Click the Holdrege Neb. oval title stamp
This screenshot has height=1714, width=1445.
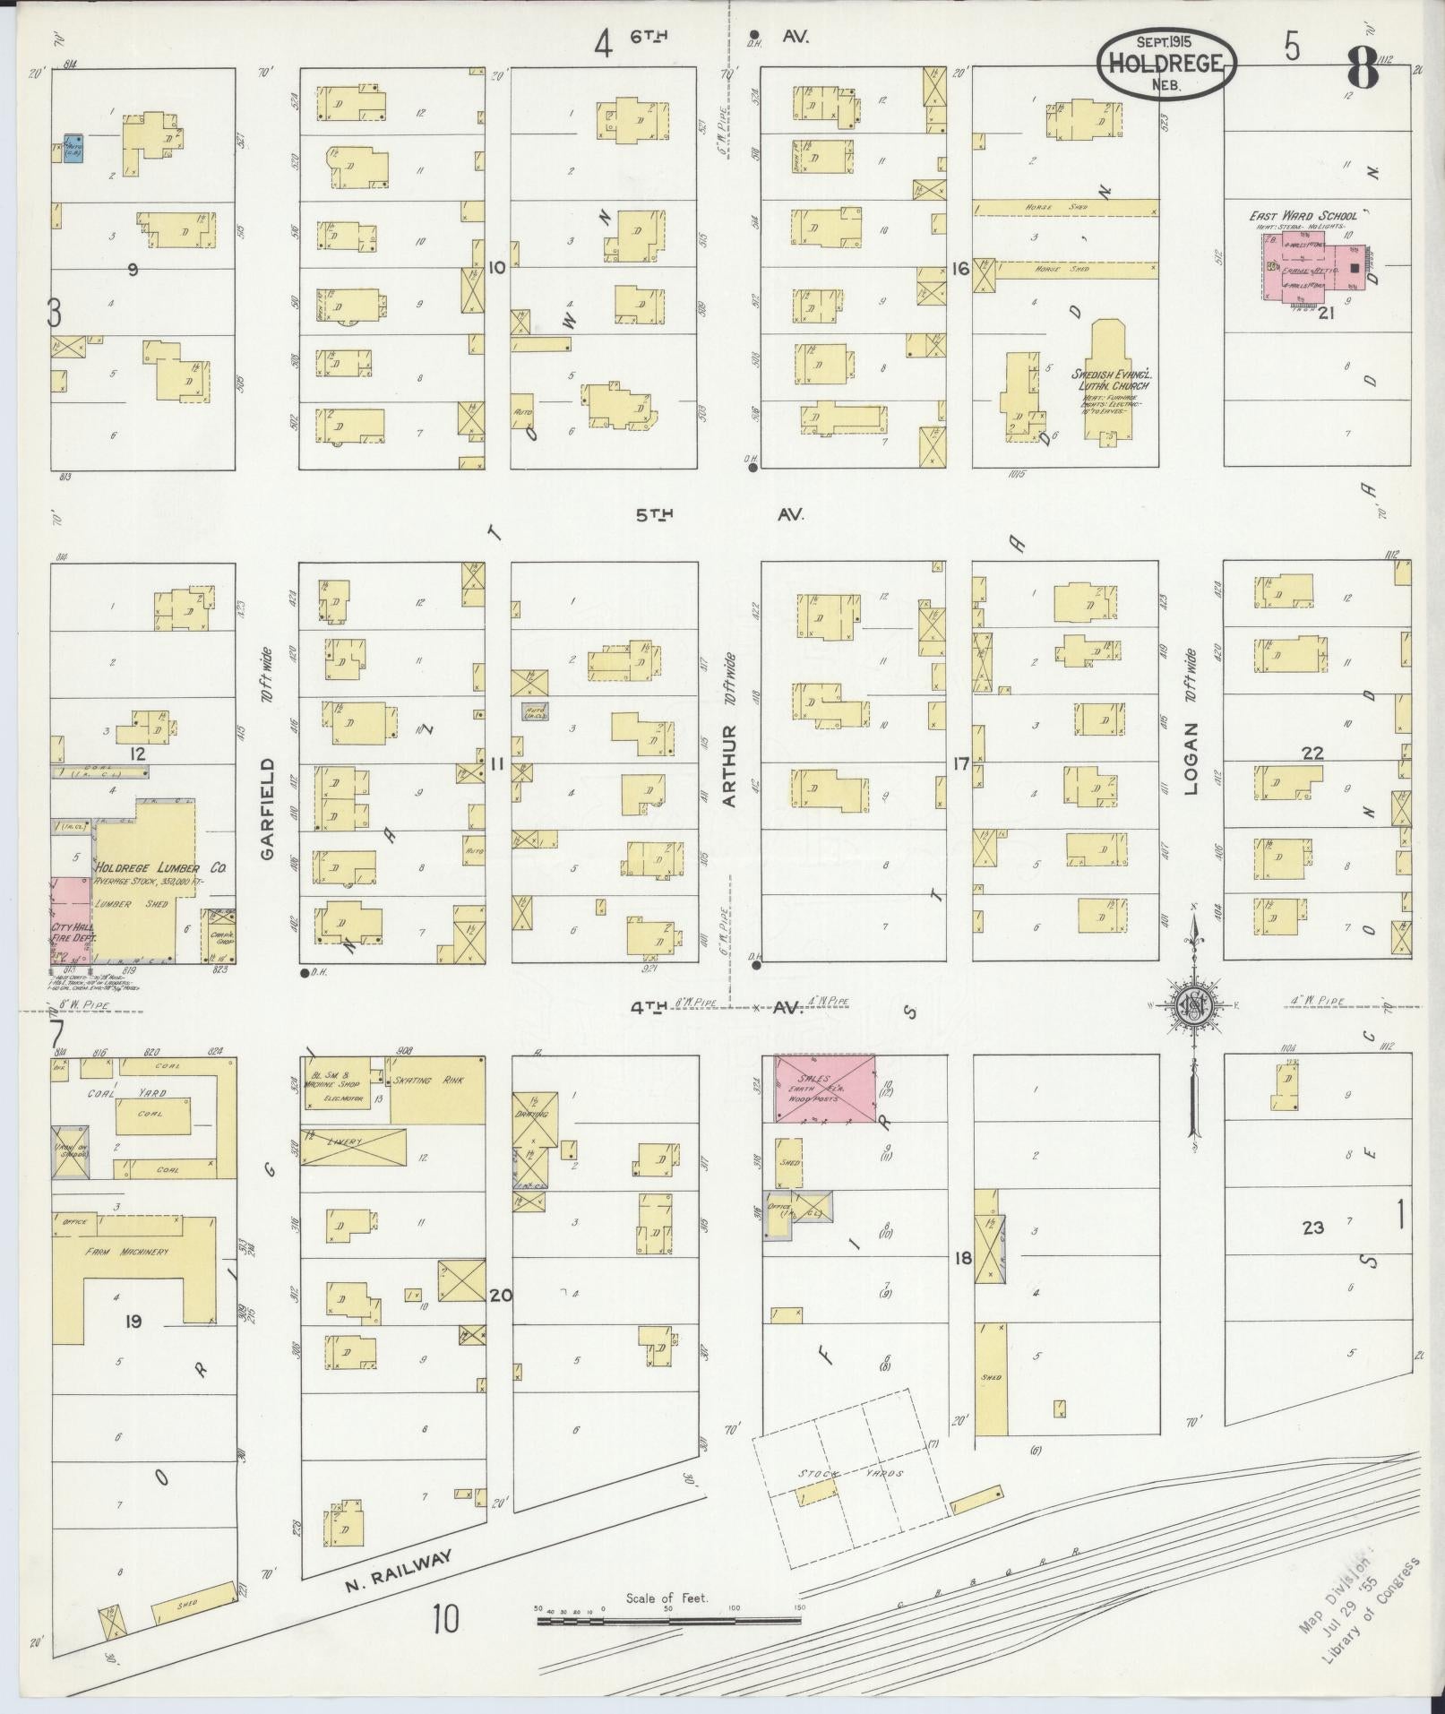click(1167, 62)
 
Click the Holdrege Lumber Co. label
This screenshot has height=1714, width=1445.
click(160, 868)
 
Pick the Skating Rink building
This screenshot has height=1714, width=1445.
click(438, 1088)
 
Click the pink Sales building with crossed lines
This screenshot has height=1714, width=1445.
click(824, 1087)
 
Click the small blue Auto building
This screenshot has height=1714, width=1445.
click(73, 149)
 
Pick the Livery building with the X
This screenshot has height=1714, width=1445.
click(352, 1146)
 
